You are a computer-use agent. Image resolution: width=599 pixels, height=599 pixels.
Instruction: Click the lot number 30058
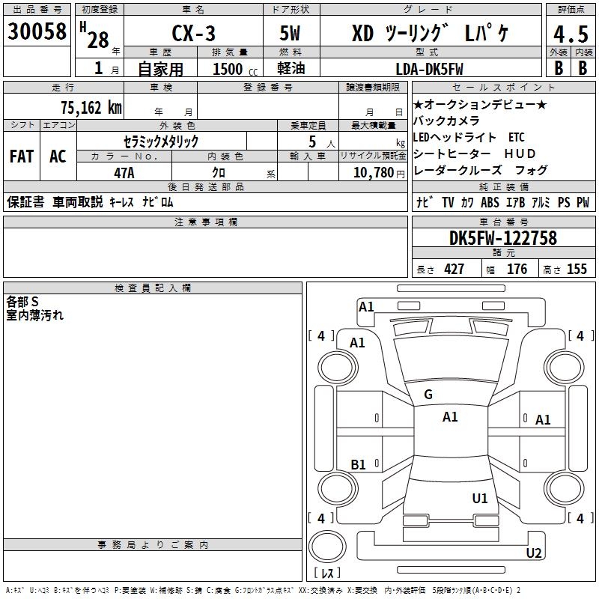pos(37,32)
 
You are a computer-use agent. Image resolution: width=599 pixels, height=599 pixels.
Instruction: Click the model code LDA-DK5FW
pos(429,69)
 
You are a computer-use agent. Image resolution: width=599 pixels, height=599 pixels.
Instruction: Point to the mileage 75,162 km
pos(91,107)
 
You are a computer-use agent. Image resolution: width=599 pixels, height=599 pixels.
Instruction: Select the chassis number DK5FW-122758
pos(503,239)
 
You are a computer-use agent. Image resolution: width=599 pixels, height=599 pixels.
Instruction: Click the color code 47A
pos(124,171)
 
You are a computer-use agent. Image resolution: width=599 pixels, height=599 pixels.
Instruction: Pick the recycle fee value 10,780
pos(371,172)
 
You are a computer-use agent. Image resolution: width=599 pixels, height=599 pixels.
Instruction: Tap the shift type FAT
pos(21,156)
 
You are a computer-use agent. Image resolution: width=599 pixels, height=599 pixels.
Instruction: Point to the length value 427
pos(454,270)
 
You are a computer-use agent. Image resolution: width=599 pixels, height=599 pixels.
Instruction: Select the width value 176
pos(517,270)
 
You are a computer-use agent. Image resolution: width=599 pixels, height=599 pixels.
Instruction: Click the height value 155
pos(577,270)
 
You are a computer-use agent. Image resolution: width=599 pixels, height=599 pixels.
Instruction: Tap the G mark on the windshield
pos(428,395)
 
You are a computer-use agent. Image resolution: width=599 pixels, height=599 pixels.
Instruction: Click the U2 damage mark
pos(534,553)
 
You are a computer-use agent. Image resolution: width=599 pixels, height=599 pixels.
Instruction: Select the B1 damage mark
pos(358,465)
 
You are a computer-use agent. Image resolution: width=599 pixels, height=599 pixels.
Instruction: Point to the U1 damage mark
pos(480,498)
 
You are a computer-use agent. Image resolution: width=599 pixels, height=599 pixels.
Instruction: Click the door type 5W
pos(291,34)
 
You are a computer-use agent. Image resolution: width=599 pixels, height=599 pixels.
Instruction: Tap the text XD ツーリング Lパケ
pos(431,34)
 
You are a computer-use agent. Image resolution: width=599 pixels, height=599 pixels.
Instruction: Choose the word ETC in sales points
pos(516,138)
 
